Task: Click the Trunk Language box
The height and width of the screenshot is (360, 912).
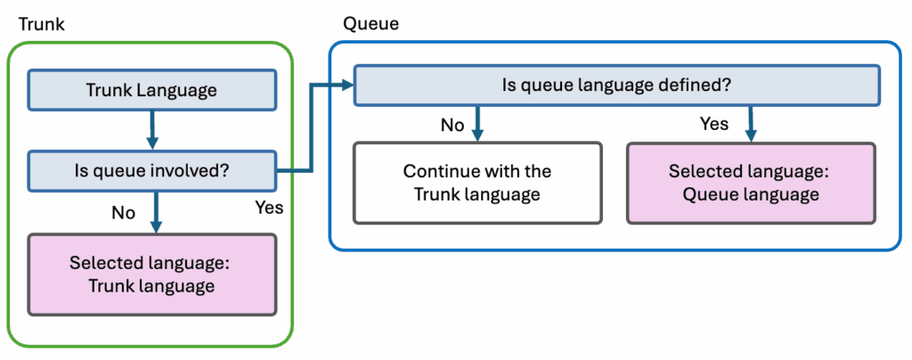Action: click(151, 90)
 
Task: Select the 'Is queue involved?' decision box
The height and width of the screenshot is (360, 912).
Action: click(151, 168)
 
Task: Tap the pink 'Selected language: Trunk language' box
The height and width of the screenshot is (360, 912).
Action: click(151, 274)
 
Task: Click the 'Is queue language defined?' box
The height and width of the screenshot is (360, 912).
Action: click(617, 86)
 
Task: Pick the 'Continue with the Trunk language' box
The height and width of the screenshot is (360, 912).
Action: click(477, 182)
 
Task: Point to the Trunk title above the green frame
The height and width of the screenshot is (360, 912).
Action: click(41, 24)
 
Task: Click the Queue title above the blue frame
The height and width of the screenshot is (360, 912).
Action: click(370, 24)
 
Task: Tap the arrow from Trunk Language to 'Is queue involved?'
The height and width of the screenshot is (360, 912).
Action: click(152, 128)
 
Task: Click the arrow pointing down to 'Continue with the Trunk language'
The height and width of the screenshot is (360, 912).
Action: click(478, 122)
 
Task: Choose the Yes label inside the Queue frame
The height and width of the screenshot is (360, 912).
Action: click(714, 124)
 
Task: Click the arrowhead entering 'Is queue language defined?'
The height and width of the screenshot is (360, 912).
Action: click(346, 86)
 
